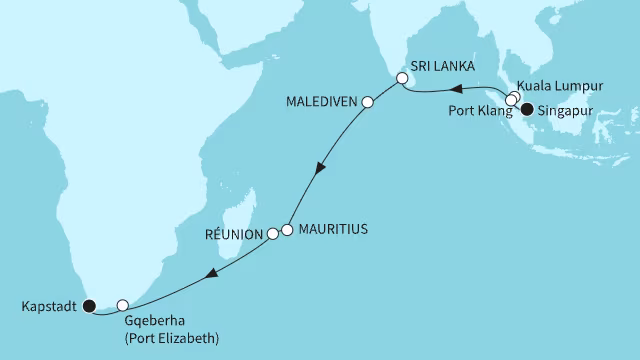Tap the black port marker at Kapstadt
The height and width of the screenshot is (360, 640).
(x=87, y=306)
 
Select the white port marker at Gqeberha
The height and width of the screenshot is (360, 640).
(x=123, y=305)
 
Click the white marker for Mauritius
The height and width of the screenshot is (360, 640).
(x=287, y=229)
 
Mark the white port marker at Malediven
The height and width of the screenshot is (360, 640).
(x=367, y=102)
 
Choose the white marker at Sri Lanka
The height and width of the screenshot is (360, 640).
(x=402, y=78)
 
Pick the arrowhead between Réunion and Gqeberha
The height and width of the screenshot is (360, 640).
(x=210, y=274)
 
